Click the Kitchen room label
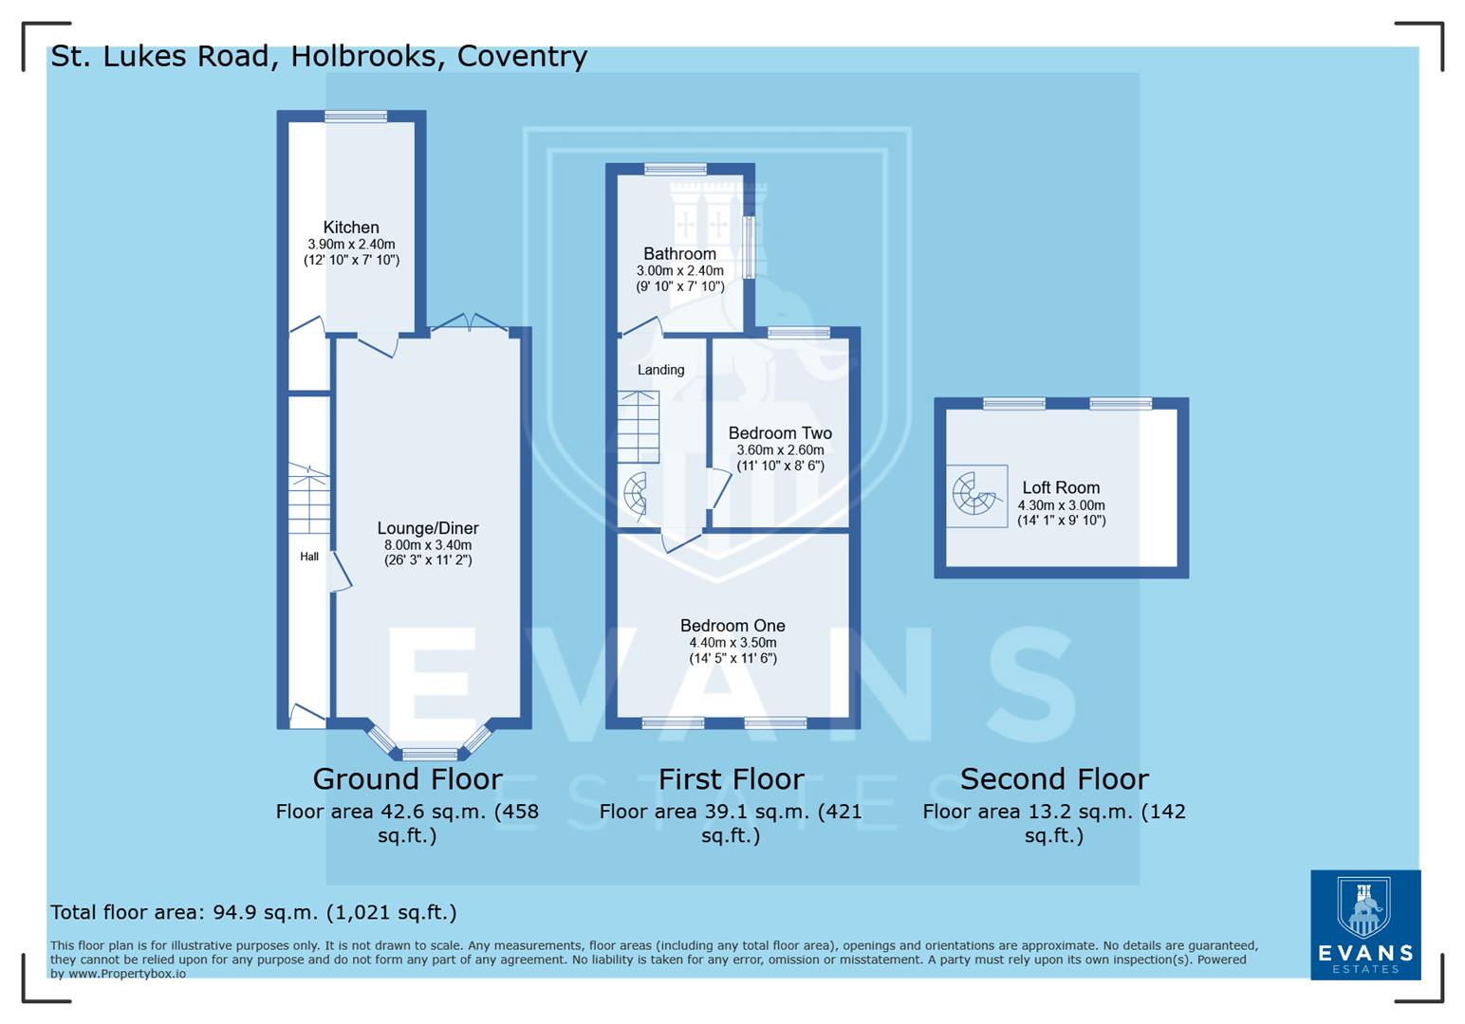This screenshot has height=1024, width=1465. pyautogui.click(x=351, y=228)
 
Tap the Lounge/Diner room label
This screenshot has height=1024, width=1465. pyautogui.click(x=428, y=529)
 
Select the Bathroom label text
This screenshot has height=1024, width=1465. pyautogui.click(x=679, y=254)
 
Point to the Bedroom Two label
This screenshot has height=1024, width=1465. pyautogui.click(x=780, y=433)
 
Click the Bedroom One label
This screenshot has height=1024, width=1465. pyautogui.click(x=732, y=626)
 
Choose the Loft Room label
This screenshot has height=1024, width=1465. pyautogui.click(x=1061, y=488)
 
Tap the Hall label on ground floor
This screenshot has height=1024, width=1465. pyautogui.click(x=309, y=557)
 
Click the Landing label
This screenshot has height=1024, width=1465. pyautogui.click(x=660, y=370)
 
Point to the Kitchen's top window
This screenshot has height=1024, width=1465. pyautogui.click(x=356, y=117)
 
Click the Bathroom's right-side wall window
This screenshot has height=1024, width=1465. pyautogui.click(x=748, y=247)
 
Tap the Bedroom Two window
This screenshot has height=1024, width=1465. pyautogui.click(x=799, y=332)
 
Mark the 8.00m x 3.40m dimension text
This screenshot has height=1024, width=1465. pyautogui.click(x=428, y=545)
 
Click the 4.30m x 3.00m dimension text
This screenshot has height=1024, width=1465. pyautogui.click(x=1061, y=505)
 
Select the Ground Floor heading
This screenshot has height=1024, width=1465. pyautogui.click(x=407, y=779)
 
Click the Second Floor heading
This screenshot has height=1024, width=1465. pyautogui.click(x=1054, y=779)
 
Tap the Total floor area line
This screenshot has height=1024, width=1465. pyautogui.click(x=253, y=912)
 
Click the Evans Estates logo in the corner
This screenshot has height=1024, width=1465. pyautogui.click(x=1364, y=924)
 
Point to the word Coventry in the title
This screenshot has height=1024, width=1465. pyautogui.click(x=522, y=57)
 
